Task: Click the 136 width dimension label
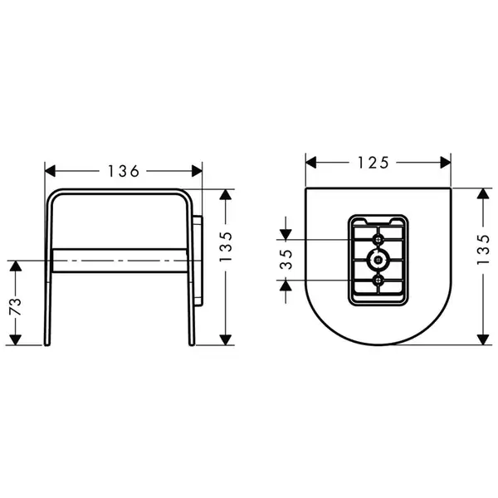click(124, 171)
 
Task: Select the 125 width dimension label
click(373, 163)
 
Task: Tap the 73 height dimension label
click(15, 306)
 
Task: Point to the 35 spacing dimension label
click(286, 260)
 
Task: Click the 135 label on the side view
click(226, 247)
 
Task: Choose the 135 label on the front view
click(483, 249)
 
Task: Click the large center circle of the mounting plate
click(378, 260)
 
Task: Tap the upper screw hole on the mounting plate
click(378, 240)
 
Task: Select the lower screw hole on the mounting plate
click(378, 281)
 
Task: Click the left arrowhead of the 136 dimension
click(50, 171)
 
